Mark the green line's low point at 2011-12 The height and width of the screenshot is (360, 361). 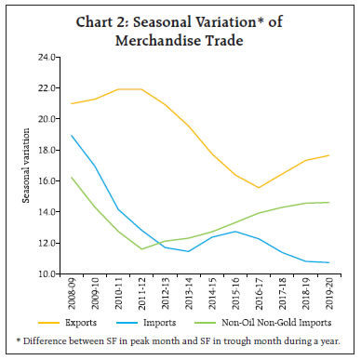coord(141,249)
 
